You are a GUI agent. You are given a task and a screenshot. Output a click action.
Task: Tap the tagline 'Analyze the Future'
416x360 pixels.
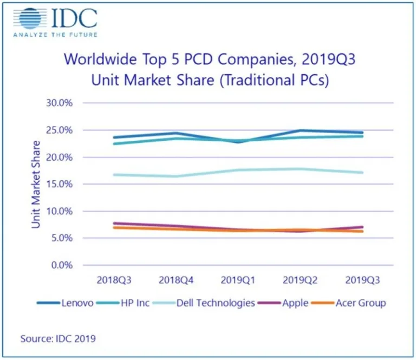click(55, 35)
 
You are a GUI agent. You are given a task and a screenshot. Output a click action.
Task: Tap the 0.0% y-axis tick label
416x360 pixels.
click(68, 265)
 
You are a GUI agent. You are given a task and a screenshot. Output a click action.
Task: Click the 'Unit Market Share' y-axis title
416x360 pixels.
click(36, 184)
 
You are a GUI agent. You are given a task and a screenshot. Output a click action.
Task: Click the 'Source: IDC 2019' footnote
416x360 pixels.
click(58, 339)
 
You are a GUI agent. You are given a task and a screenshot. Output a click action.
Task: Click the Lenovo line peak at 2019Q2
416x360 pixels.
click(301, 130)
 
